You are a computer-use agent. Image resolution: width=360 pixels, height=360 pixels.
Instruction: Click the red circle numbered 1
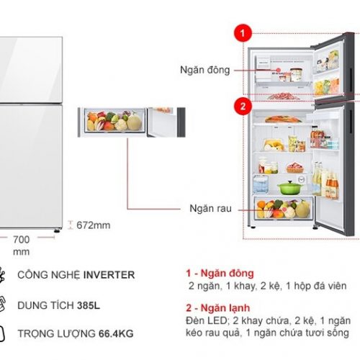click(243, 33)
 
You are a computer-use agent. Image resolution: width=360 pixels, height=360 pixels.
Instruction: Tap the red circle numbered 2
click(243, 106)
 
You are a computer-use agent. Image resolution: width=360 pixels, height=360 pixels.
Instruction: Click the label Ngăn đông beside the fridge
click(205, 70)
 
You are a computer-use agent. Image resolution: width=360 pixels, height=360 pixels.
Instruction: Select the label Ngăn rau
click(210, 208)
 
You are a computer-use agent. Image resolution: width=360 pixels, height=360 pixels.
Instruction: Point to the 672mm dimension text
click(94, 225)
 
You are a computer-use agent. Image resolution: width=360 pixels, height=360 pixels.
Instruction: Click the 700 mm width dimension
click(22, 246)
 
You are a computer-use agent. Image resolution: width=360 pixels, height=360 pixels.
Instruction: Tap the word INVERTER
click(109, 275)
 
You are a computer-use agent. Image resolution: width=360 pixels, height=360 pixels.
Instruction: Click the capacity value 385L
click(89, 305)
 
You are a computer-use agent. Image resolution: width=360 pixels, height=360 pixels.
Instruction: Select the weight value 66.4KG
click(116, 333)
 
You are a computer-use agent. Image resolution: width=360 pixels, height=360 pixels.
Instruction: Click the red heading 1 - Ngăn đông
click(220, 273)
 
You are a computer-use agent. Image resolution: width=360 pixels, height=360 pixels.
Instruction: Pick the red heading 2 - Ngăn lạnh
click(218, 307)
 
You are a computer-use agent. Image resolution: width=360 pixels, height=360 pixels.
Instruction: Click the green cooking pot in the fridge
click(289, 187)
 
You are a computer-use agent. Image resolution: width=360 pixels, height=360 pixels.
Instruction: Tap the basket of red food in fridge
click(295, 168)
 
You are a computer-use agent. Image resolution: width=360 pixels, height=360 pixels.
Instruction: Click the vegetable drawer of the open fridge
click(283, 207)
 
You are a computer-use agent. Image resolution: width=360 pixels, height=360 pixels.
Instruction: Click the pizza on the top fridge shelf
click(283, 119)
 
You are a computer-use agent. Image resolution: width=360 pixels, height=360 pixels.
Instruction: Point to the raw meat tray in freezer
click(283, 96)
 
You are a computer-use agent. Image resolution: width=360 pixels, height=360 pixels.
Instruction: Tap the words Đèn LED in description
click(206, 320)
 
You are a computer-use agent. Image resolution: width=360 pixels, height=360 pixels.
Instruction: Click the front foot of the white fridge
click(57, 231)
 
